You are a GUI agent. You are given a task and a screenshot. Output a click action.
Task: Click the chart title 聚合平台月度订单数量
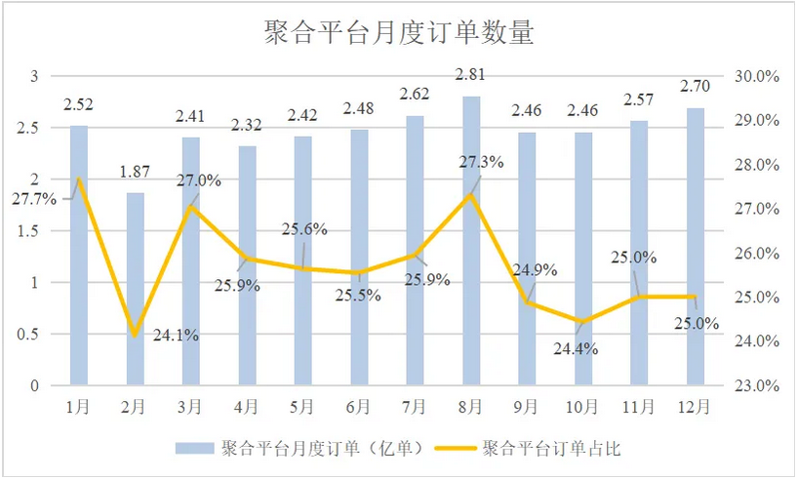click(x=399, y=33)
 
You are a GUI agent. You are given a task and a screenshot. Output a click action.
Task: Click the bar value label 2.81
click(x=471, y=73)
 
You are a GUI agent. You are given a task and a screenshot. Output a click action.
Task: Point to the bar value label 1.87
click(x=136, y=172)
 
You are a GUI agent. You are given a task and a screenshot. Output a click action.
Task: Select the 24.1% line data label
click(x=177, y=335)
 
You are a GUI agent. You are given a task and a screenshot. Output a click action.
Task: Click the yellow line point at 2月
click(x=136, y=336)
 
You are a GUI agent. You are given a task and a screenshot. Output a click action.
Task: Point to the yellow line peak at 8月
click(x=471, y=194)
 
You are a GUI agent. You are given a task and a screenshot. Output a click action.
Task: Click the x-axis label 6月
click(x=358, y=405)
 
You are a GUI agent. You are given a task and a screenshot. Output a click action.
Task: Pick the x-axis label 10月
click(x=583, y=405)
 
